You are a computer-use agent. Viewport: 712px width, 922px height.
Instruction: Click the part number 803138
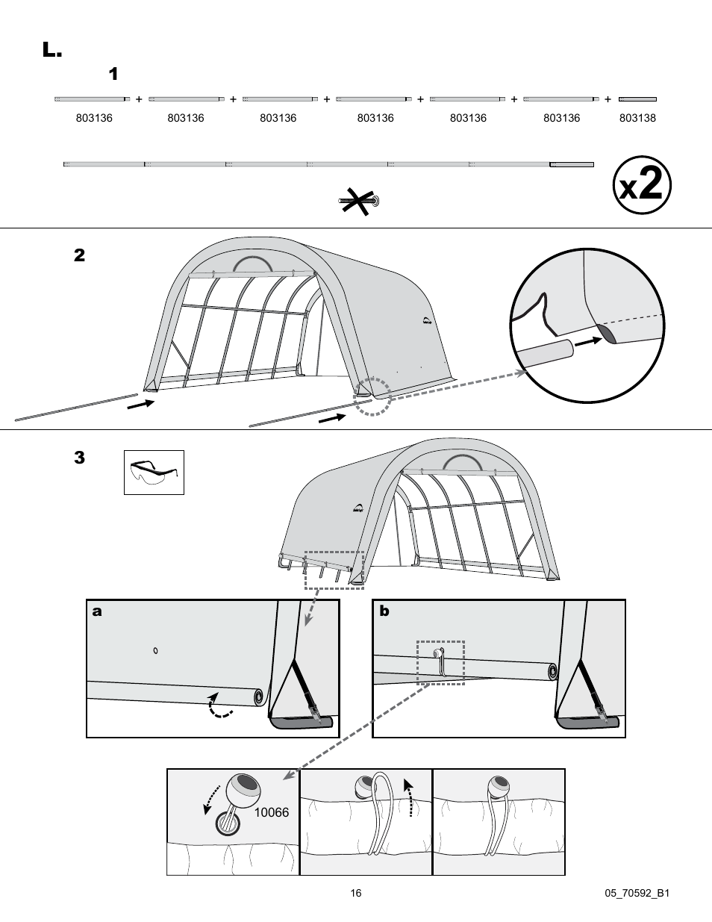point(637,118)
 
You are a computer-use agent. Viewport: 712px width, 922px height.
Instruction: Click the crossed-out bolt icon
point(360,200)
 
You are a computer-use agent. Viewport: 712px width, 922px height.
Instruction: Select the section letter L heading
point(51,50)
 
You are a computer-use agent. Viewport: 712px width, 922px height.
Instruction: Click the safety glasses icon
point(154,472)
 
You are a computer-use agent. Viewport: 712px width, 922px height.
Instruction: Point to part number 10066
point(272,812)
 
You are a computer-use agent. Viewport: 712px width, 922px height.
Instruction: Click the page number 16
point(356,893)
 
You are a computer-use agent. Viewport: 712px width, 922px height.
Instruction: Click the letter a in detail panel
point(96,611)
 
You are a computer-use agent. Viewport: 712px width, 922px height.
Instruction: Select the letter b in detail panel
point(384,611)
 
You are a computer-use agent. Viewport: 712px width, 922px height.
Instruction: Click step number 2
point(79,255)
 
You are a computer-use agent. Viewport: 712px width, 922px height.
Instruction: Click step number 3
point(79,458)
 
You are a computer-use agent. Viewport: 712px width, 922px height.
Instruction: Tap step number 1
point(113,74)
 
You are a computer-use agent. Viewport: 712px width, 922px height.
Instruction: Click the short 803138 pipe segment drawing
point(637,99)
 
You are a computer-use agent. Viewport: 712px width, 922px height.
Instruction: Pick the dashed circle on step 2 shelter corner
point(372,396)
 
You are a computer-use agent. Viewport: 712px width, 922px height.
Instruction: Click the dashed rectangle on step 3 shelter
point(334,570)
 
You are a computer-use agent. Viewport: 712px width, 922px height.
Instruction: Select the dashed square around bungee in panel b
point(440,662)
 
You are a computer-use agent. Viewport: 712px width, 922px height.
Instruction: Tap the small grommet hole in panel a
point(155,651)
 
